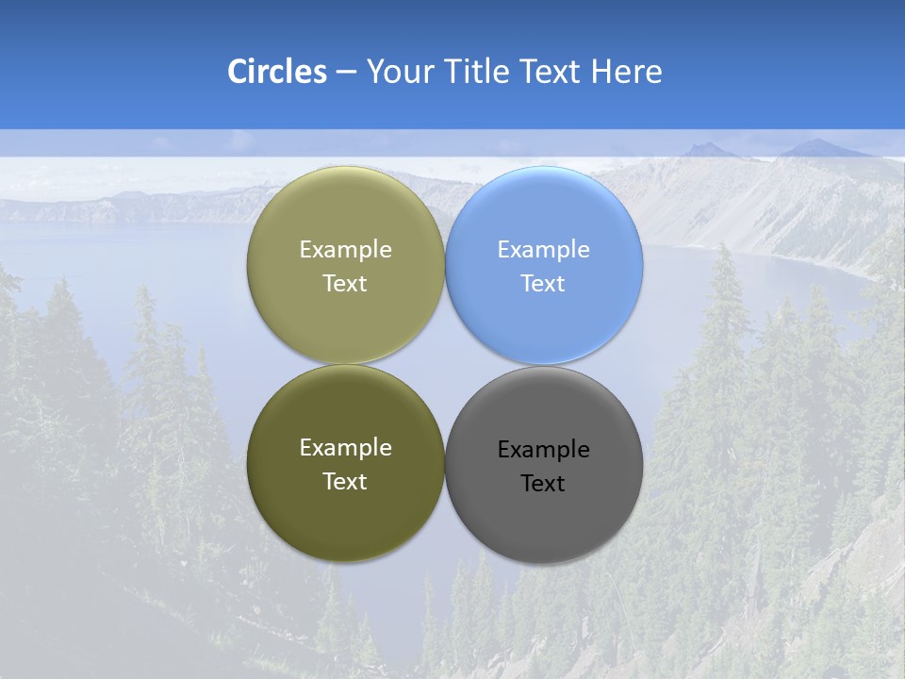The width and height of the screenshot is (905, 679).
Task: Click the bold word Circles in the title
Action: [276, 72]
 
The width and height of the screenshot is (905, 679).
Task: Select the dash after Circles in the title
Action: [346, 73]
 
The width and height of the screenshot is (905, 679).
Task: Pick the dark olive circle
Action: [345, 509]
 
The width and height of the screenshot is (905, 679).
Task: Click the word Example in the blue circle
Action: [543, 250]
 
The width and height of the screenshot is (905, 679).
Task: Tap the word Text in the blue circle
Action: [543, 284]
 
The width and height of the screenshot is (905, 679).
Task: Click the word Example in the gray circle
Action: [543, 450]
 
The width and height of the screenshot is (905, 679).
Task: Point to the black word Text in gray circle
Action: [543, 484]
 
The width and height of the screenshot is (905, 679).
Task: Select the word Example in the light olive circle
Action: [345, 250]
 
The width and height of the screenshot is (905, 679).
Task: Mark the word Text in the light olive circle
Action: [345, 284]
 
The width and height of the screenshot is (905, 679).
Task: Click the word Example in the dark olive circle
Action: [345, 448]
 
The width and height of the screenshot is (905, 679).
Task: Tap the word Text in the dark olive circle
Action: [345, 482]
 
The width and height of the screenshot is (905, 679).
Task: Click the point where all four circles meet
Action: [445, 365]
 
